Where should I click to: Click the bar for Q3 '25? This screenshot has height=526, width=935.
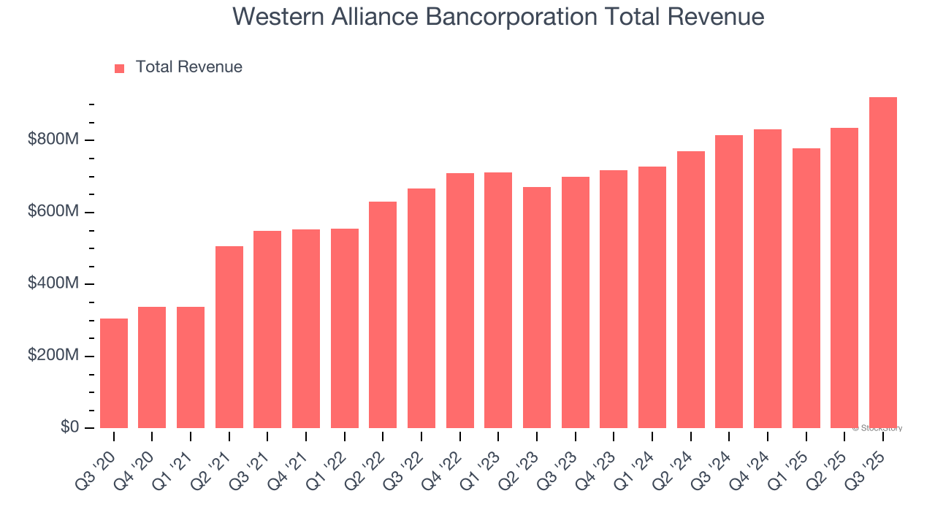point(882,262)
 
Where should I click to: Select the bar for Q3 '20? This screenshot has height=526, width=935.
point(114,373)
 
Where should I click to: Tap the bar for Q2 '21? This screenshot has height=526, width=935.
point(229,337)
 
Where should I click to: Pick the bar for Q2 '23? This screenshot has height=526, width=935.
point(537,308)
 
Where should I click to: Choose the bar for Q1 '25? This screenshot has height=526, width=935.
point(806,288)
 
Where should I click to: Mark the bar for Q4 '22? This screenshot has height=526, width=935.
point(460,300)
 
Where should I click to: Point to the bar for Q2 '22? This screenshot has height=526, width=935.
point(383,315)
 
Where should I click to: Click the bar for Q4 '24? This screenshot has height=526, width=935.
point(767,278)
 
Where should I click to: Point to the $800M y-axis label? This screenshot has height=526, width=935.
point(53,140)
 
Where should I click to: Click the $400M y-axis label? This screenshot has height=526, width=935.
point(53,283)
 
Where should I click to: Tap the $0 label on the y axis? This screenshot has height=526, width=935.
point(70,427)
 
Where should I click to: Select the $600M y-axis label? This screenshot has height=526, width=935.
point(53,212)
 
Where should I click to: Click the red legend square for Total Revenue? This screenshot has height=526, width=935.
point(120,68)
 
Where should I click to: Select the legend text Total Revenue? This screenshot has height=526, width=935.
point(188,67)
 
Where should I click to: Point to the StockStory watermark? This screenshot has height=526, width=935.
point(878,428)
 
